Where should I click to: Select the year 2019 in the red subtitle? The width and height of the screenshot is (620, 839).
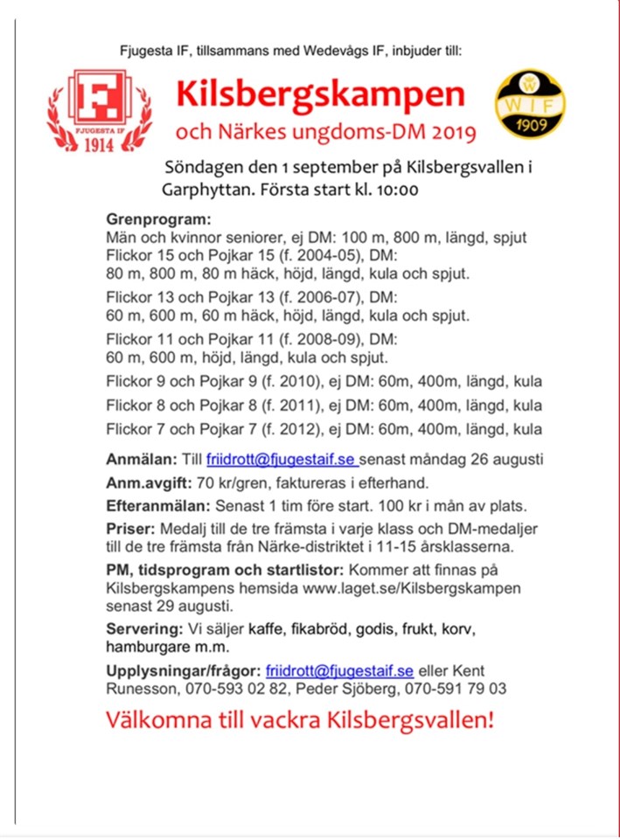point(452,134)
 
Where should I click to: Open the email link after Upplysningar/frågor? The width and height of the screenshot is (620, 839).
point(339,670)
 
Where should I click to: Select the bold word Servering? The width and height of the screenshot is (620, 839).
point(143,628)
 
